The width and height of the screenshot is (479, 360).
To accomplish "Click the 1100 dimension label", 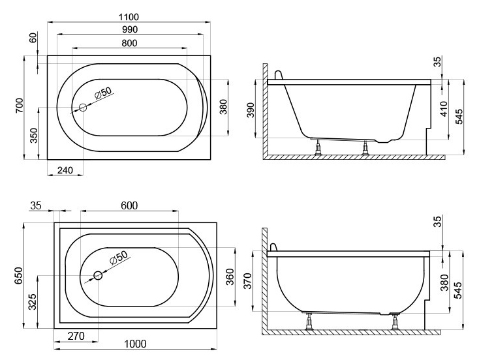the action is point(129,17).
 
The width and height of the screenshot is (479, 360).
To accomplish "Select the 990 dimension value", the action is point(129,29).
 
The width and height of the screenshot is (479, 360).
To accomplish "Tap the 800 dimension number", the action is point(129,43).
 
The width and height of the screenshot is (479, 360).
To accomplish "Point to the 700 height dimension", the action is point(19,106).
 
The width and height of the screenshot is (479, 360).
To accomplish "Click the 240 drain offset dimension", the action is point(65,170).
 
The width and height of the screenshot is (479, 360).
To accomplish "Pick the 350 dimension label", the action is point(33,136).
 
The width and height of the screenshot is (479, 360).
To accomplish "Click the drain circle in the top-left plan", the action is point(83,108).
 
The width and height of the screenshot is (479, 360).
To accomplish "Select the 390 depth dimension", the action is point(250,110).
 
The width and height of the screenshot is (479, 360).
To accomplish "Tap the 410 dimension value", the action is point(444,109).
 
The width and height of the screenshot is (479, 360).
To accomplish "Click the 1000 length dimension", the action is point(135,344).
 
